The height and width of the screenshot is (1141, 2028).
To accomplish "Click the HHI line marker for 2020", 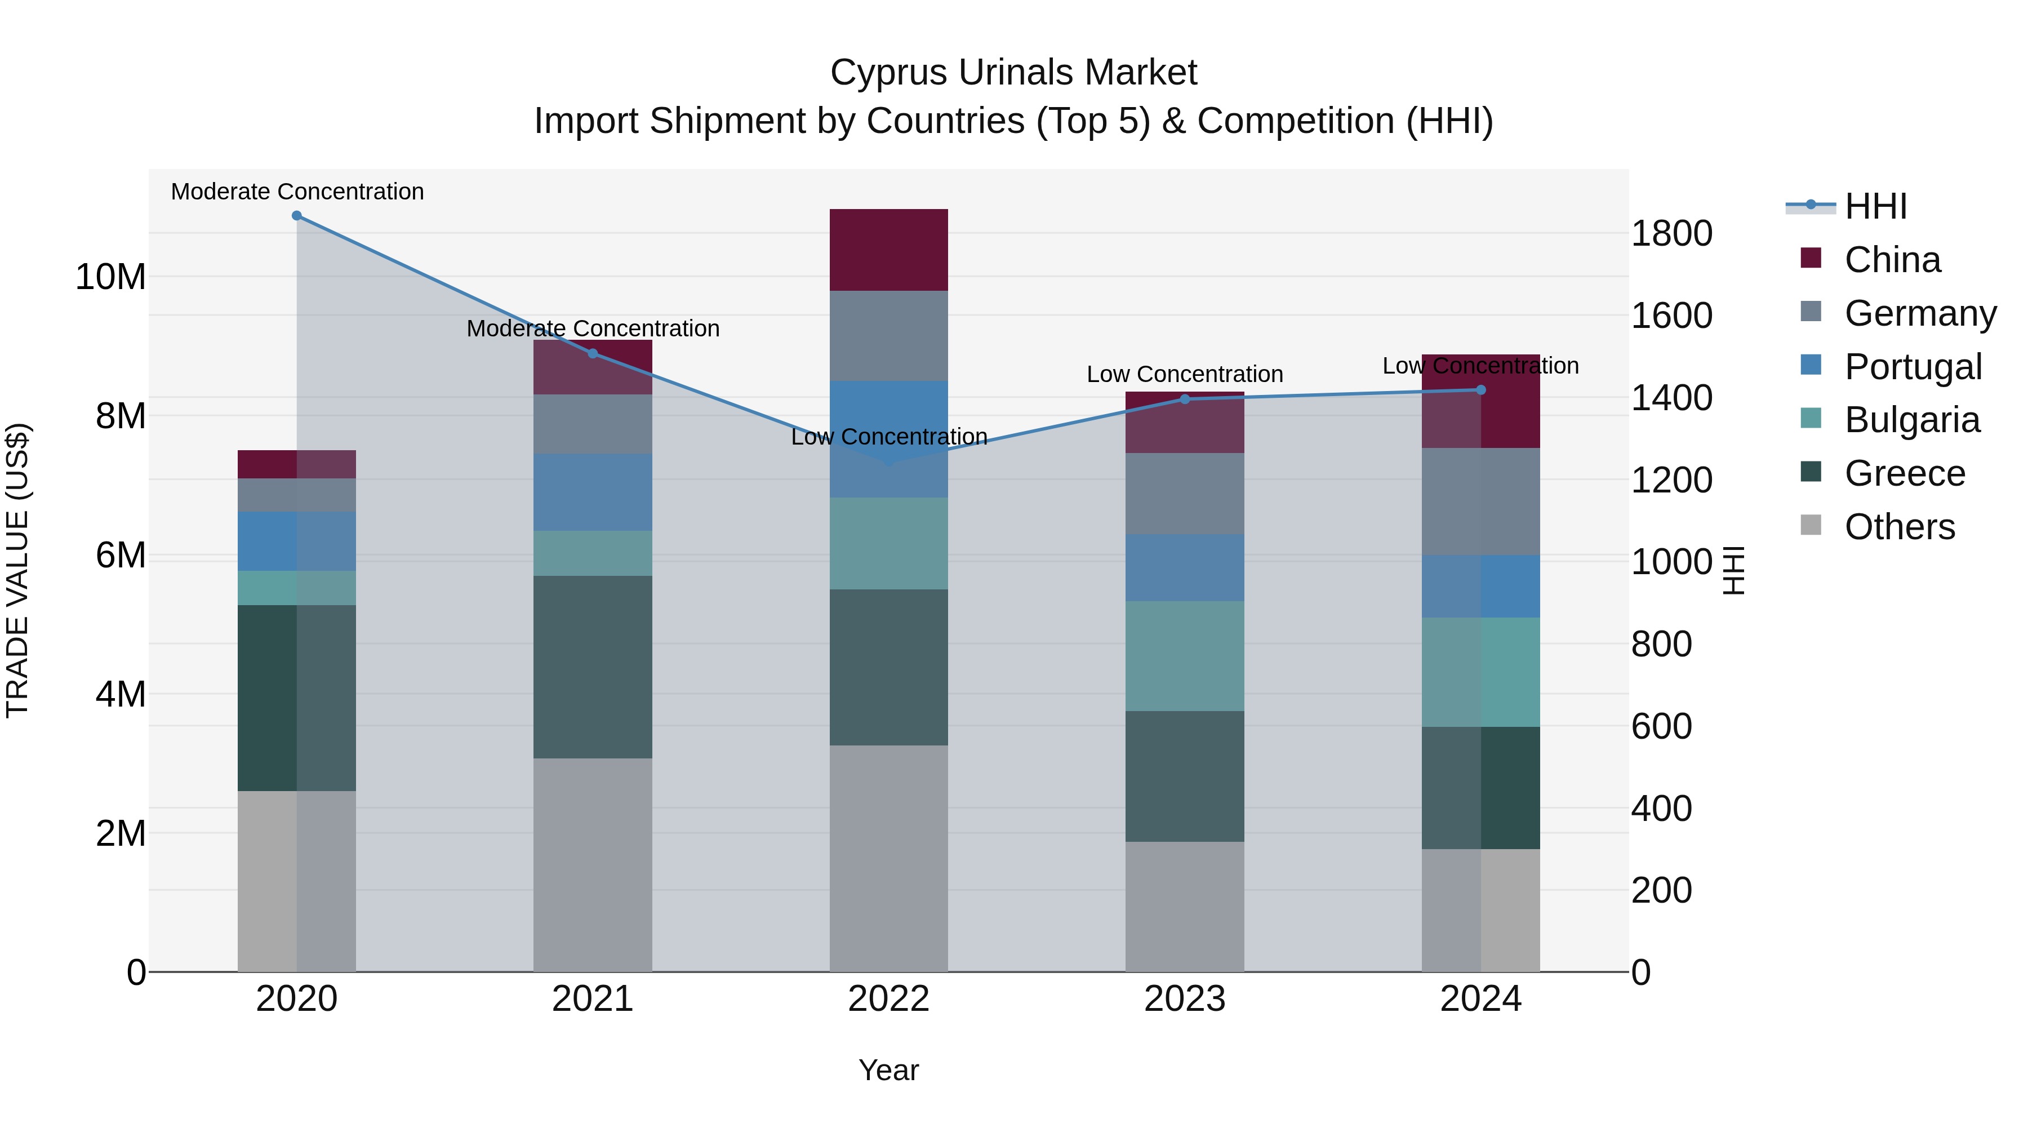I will (297, 216).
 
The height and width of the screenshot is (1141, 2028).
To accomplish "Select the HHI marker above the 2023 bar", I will (1185, 399).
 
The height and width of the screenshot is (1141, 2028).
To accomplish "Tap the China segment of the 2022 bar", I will (889, 250).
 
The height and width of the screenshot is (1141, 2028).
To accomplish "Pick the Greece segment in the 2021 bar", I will (593, 667).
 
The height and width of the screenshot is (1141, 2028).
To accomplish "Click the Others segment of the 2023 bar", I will (1185, 907).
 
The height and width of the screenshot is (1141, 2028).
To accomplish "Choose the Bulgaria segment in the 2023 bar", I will (1185, 656).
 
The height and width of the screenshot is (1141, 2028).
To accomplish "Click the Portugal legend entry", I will (1913, 367).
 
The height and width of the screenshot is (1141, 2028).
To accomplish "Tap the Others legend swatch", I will (1811, 525).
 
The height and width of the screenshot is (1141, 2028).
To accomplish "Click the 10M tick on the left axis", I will (110, 277).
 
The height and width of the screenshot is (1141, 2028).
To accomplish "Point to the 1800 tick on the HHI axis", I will (1671, 234).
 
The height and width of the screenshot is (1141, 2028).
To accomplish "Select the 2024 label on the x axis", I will (1480, 999).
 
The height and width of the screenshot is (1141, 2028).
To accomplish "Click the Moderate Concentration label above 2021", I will (593, 328).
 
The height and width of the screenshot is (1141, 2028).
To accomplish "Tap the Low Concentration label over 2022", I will (889, 437).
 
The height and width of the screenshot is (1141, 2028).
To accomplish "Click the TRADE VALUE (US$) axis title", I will (18, 570).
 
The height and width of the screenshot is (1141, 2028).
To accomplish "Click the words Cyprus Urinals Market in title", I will (1013, 73).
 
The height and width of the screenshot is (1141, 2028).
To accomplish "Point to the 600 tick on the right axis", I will (1661, 727).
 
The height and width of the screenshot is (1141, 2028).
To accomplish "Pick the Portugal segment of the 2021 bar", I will (593, 492).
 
